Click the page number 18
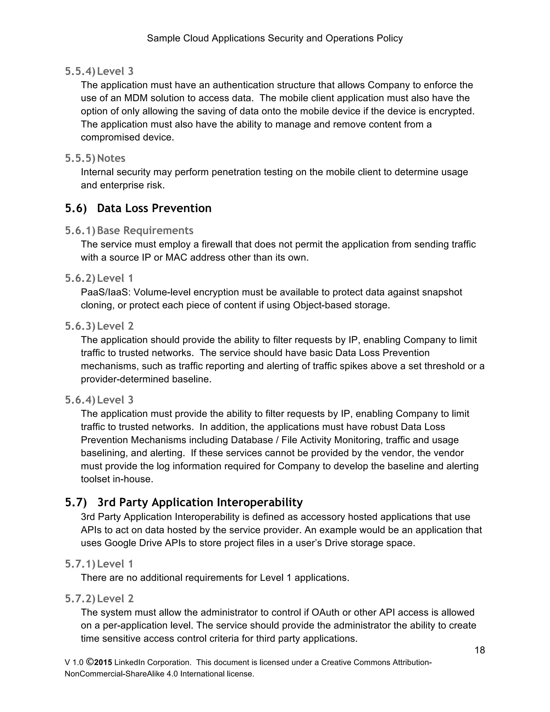pyautogui.click(x=480, y=650)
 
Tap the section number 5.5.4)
pyautogui.click(x=80, y=71)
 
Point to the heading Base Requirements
pyautogui.click(x=145, y=231)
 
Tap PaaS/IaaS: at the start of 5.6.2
pyautogui.click(x=106, y=292)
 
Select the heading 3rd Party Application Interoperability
pyautogui.click(x=200, y=502)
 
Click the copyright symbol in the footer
pyautogui.click(x=90, y=662)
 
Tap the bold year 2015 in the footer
pyautogui.click(x=103, y=663)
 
